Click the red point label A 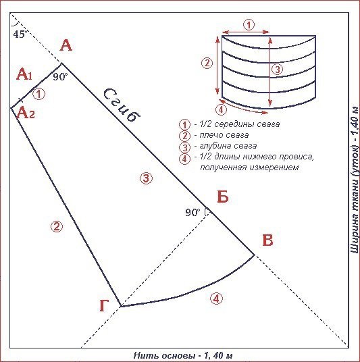coord(66,45)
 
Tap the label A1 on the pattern coord(24,74)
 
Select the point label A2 coord(26,113)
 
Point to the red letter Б coord(223,197)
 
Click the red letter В coord(268,240)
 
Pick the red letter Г coord(104,305)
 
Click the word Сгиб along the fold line coord(122,105)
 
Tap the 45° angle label coord(20,34)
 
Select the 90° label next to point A coord(60,76)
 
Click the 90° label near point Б coord(192,212)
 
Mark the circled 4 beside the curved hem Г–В coord(216,299)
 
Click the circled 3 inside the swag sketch coord(278,69)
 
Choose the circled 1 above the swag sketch coord(249,25)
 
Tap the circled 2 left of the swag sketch coord(207,63)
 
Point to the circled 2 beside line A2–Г coord(57,226)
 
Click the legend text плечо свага coord(224,135)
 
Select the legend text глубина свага coord(228,146)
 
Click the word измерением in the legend coord(274,167)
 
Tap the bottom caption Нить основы coord(163,355)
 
